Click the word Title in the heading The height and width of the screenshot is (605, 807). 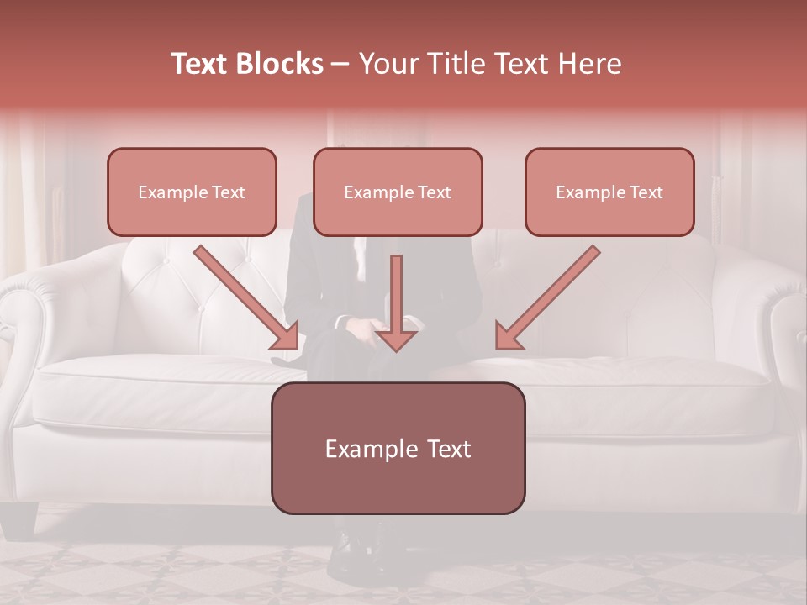pyautogui.click(x=452, y=64)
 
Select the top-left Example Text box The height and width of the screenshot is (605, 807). pyautogui.click(x=192, y=192)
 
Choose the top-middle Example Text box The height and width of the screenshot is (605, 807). pyautogui.click(x=398, y=192)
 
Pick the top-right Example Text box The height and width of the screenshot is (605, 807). pyautogui.click(x=609, y=192)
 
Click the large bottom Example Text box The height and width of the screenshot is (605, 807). pyautogui.click(x=398, y=448)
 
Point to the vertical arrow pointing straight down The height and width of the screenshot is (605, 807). pyautogui.click(x=396, y=294)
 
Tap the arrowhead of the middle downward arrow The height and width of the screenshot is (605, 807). pyautogui.click(x=396, y=339)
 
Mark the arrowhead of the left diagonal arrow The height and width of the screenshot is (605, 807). pyautogui.click(x=286, y=335)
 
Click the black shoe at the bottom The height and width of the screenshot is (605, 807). pyautogui.click(x=346, y=555)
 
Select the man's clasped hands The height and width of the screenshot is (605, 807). pyautogui.click(x=370, y=324)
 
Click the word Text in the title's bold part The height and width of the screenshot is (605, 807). pyautogui.click(x=200, y=64)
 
